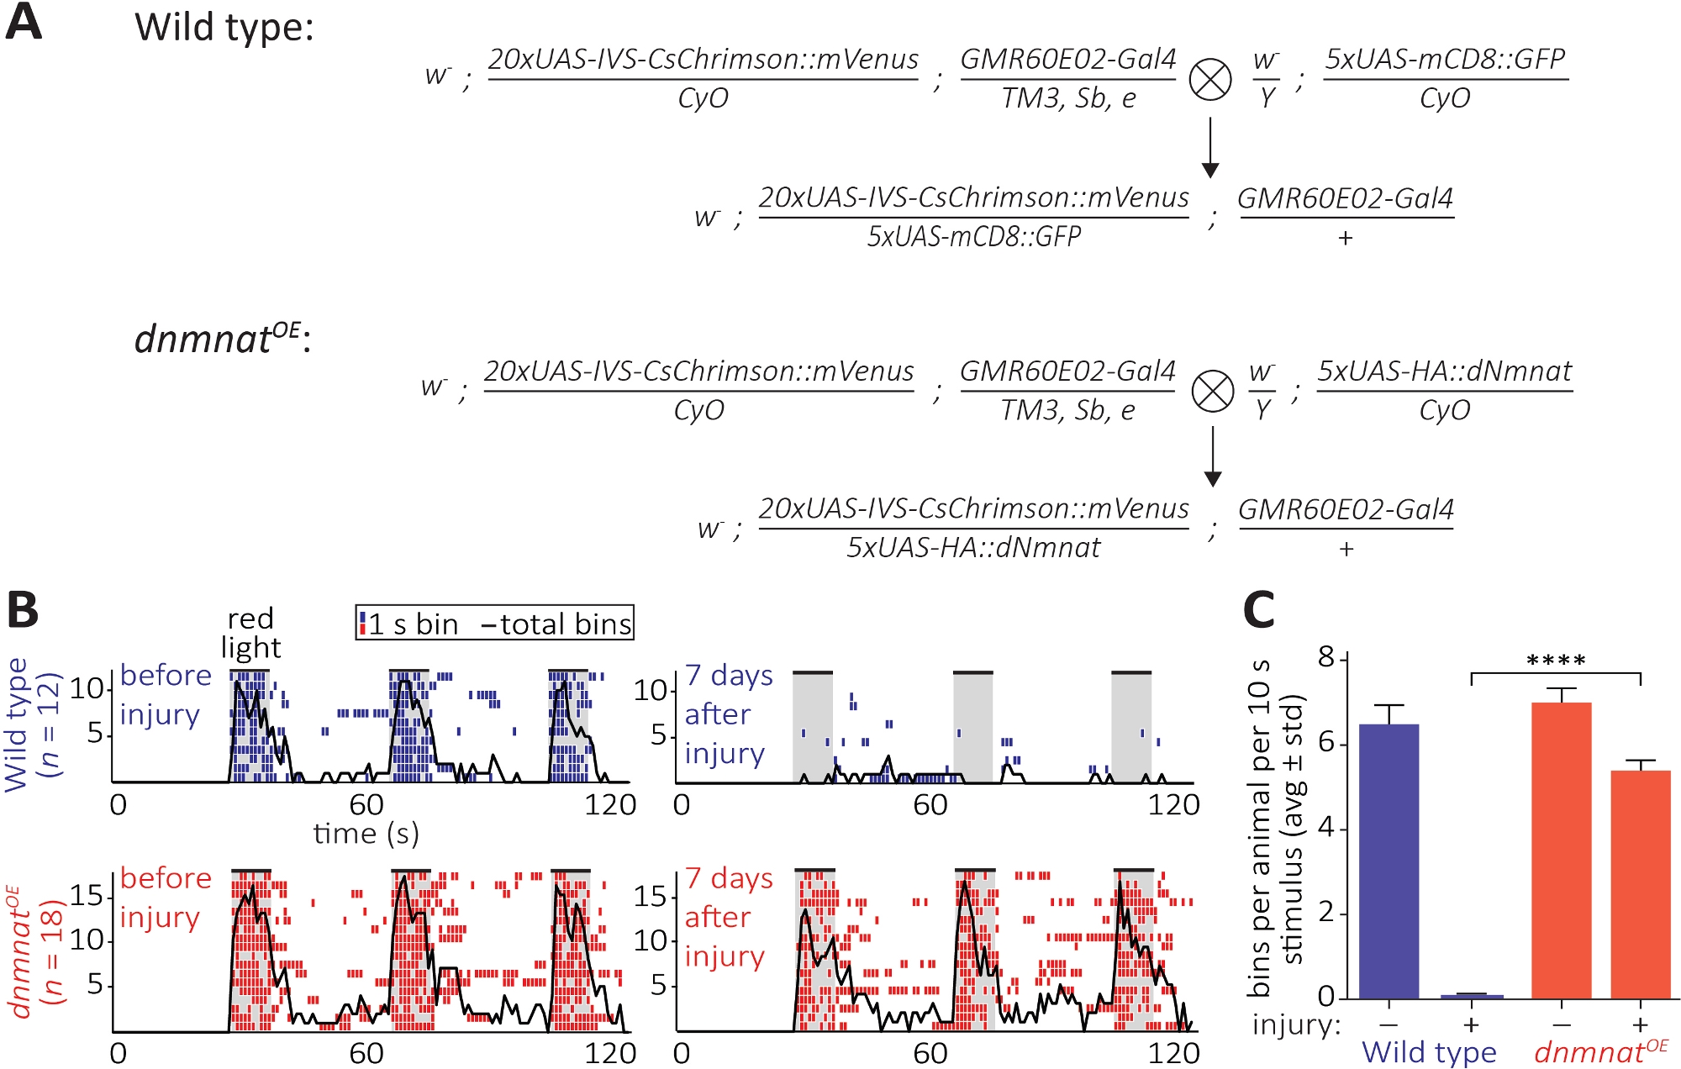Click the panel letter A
click(24, 23)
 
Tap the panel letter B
click(23, 611)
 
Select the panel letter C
click(1259, 611)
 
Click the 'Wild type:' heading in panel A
click(224, 28)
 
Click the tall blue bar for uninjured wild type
click(1389, 861)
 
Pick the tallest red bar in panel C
click(1561, 850)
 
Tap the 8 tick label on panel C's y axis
click(1326, 657)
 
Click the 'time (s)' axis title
click(366, 834)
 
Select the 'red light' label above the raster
click(250, 633)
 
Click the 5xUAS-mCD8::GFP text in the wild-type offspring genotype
click(973, 237)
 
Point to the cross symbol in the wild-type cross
click(1210, 80)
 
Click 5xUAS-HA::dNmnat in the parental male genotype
click(1444, 371)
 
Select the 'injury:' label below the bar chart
click(1296, 1025)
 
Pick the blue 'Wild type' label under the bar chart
click(1429, 1052)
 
